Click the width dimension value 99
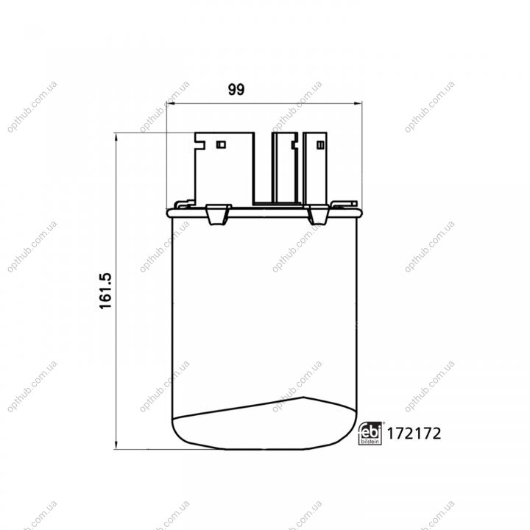point(236,90)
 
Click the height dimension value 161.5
point(105,291)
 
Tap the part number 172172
point(414,434)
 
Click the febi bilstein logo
point(370,434)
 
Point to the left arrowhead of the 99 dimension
point(171,104)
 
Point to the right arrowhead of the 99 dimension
point(358,104)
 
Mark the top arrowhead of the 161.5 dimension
point(116,137)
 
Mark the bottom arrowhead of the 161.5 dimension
point(116,445)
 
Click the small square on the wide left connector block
point(221,145)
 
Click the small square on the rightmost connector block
point(320,145)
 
